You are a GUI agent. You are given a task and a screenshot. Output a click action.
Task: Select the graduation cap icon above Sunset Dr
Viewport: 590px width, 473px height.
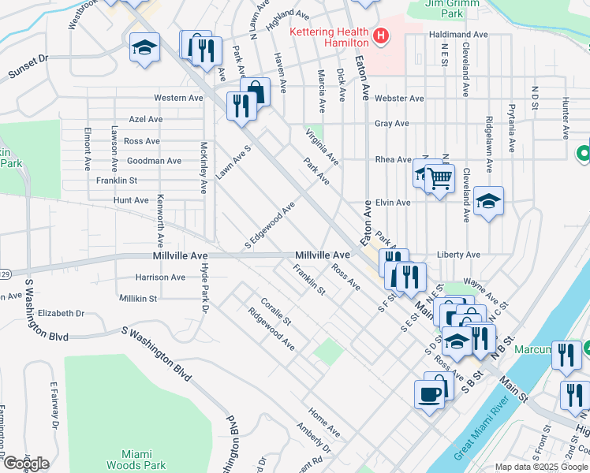(144, 47)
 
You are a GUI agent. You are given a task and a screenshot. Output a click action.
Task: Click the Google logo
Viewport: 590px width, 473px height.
(25, 464)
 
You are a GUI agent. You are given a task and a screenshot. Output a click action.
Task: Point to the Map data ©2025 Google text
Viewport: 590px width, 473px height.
(541, 467)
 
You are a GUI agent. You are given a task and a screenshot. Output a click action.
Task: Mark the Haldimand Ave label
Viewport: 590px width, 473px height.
(460, 35)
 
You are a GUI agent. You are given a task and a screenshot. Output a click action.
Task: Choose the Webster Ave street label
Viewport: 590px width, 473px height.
(400, 99)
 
